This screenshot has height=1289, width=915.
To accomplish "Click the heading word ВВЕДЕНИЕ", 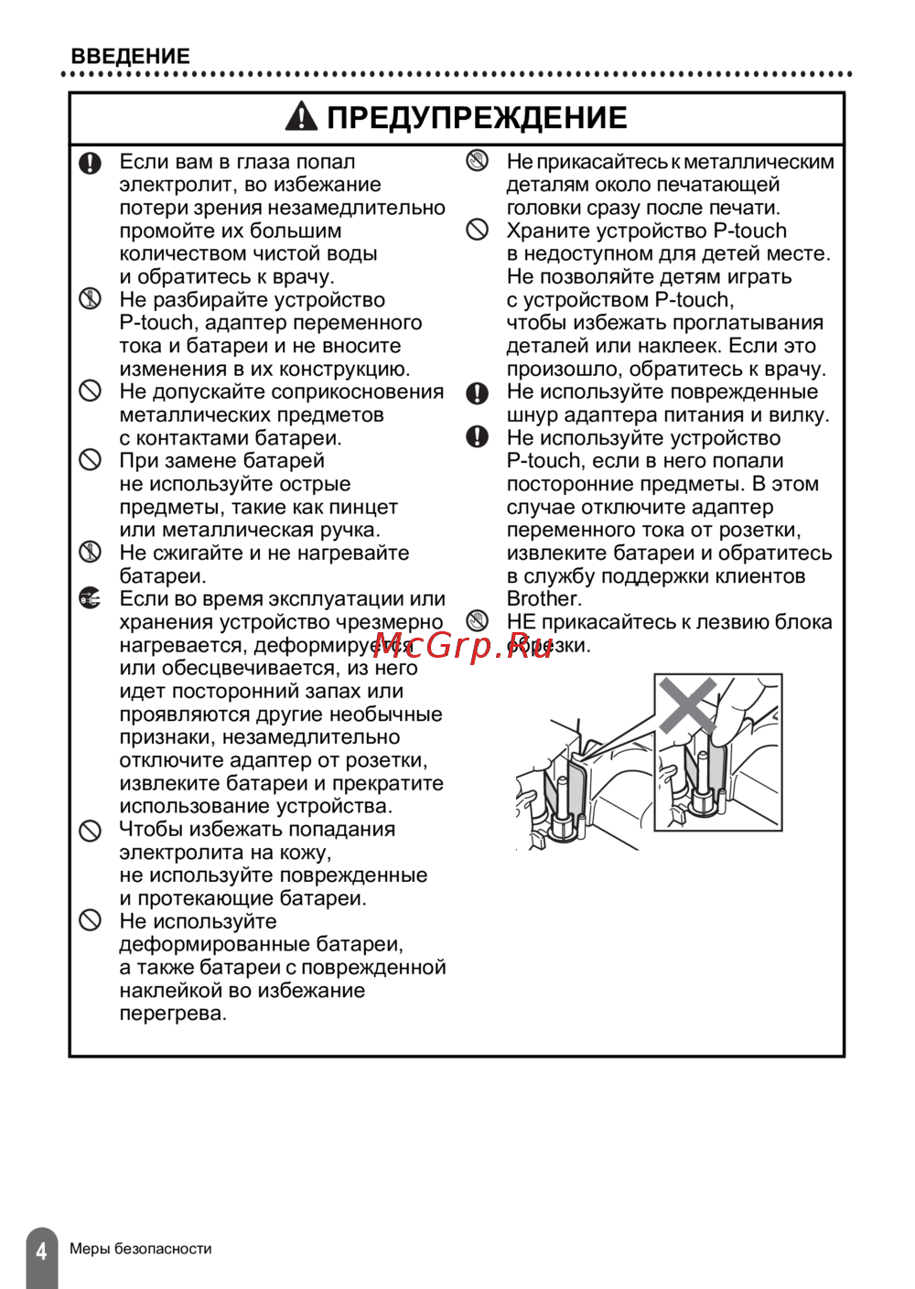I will point(130,56).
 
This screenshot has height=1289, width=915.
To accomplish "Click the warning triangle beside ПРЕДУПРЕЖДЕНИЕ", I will point(301,117).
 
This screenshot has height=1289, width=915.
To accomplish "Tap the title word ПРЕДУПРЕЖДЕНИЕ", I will point(477,118).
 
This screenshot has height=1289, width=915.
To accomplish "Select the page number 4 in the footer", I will point(41,1251).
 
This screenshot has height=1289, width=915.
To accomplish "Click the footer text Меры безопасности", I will point(141,1249).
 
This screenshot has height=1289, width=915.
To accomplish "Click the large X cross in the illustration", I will point(688,704).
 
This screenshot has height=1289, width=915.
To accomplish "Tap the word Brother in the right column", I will point(543,599).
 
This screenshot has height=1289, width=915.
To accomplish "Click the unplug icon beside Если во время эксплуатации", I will point(90,599).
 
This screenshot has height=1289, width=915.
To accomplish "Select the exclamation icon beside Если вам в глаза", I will point(90,163).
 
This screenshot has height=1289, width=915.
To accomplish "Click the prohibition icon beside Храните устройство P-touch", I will point(478,230).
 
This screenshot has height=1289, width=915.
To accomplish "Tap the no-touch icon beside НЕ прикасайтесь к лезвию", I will point(478,621).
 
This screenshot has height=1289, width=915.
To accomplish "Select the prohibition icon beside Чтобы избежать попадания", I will point(90,830).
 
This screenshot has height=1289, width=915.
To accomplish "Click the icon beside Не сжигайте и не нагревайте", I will point(90,552).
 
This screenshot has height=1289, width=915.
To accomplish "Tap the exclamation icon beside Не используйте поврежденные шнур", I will point(478,392).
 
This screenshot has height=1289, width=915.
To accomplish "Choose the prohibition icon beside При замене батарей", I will point(90,459).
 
